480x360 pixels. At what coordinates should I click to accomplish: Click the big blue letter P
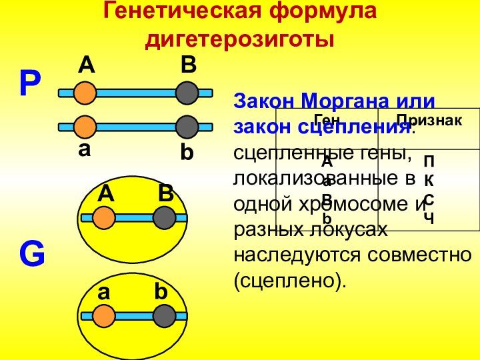point(30,85)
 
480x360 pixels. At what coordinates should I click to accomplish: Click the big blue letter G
point(31,255)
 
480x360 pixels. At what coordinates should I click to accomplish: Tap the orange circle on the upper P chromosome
point(85,93)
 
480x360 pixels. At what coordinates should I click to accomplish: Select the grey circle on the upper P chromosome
point(188,93)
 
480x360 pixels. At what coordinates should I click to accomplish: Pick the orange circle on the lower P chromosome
point(85,126)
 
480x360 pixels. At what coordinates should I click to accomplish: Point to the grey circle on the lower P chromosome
point(188,126)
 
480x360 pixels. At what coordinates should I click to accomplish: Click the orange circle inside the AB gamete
point(103,217)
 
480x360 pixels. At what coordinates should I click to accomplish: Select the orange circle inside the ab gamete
point(105,316)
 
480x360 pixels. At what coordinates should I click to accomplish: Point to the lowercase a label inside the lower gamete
point(103,292)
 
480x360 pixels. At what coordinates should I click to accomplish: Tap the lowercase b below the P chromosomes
point(187,153)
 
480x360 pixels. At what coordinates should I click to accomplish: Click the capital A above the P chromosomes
point(86,65)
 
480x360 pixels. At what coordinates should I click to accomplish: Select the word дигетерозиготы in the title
point(240,39)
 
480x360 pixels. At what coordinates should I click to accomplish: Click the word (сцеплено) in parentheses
point(291,280)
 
